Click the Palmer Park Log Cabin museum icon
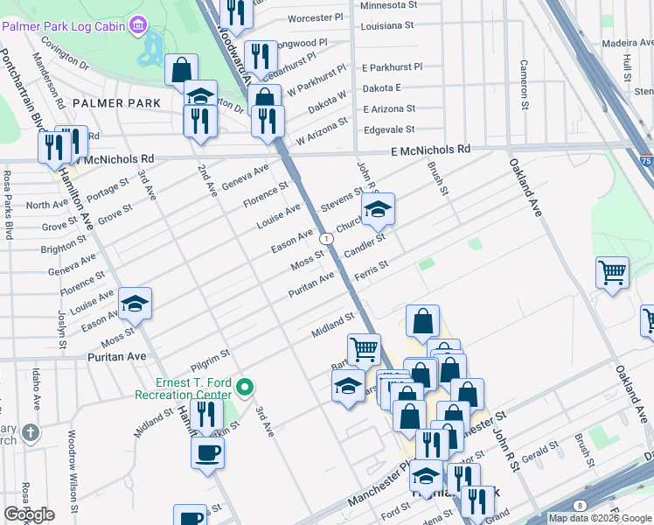[x=138, y=25]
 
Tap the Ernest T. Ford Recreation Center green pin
[x=246, y=386]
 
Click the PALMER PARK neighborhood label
[x=117, y=103]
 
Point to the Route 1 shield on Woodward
[x=325, y=238]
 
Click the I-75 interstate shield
[x=645, y=162]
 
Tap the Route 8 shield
[x=580, y=505]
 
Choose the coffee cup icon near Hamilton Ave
[x=208, y=452]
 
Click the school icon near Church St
[x=379, y=210]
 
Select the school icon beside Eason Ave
[x=136, y=304]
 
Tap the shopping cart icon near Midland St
[x=364, y=349]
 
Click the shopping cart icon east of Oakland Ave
[x=613, y=272]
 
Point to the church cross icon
[x=31, y=432]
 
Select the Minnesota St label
[x=389, y=4]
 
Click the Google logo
[x=29, y=514]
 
